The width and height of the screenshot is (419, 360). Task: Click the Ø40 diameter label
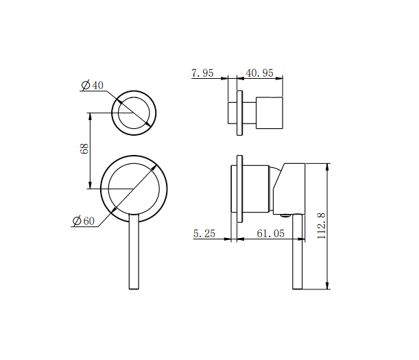tap(93, 85)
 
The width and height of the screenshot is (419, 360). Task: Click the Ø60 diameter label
tap(84, 221)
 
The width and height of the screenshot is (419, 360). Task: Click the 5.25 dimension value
tap(204, 234)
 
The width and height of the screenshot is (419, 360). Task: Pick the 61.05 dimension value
tap(270, 234)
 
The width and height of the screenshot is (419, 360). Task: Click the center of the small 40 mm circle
tap(134, 112)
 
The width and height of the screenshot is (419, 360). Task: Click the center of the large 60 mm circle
tap(134, 188)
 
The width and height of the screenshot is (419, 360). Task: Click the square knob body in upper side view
tap(270, 112)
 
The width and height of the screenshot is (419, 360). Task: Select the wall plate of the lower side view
tap(239, 189)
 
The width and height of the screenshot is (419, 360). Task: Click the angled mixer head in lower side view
tap(291, 187)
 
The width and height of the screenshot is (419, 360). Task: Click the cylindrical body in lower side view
tap(257, 189)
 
